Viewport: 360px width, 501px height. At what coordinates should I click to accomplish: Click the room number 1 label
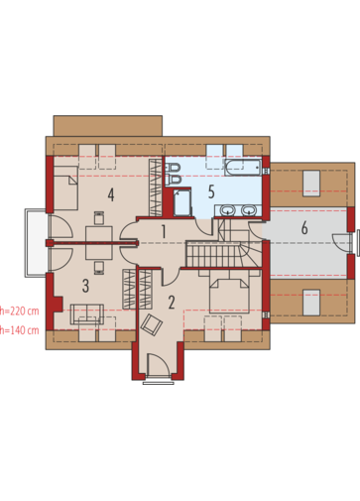click(164, 231)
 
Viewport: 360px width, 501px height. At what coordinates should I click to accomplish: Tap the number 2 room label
click(172, 303)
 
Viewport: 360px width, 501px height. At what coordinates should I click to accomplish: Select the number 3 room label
click(85, 286)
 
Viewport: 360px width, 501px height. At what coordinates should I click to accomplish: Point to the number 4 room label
click(111, 194)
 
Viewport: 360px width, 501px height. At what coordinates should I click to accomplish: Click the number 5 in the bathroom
click(211, 191)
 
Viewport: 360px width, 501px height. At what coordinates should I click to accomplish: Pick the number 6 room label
click(304, 228)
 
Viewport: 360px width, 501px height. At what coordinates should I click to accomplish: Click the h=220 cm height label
click(20, 311)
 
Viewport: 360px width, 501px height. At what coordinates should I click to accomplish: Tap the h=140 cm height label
click(20, 330)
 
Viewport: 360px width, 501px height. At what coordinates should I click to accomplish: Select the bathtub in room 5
click(243, 168)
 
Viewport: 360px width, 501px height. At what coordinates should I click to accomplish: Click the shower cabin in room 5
click(182, 202)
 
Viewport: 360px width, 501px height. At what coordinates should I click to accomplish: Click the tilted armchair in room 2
click(152, 324)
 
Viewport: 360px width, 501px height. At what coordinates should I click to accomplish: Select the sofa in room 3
click(87, 314)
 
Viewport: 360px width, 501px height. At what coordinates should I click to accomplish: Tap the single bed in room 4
click(65, 188)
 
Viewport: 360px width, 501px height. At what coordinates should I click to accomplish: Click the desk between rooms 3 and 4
click(99, 243)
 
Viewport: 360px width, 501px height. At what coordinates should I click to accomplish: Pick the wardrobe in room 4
click(155, 188)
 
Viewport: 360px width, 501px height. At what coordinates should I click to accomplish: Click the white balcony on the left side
click(36, 243)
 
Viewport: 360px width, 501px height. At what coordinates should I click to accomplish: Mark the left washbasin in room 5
click(227, 209)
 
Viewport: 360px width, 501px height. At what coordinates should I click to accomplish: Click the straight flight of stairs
click(213, 254)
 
